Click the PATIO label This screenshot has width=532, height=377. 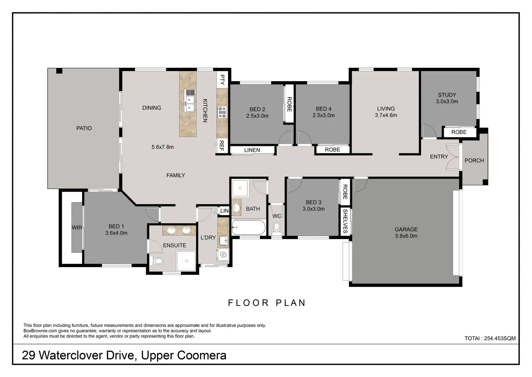[84, 128]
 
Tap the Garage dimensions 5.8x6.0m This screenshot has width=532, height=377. [406, 236]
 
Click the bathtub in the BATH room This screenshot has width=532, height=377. [249, 227]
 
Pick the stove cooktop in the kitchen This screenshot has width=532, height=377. [222, 112]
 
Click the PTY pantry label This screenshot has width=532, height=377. [222, 80]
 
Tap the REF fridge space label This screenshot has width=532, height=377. [221, 146]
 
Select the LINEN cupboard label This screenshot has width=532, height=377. [252, 150]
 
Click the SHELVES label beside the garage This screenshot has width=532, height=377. [345, 221]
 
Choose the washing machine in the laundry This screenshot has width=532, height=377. [223, 255]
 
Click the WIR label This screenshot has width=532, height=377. [77, 227]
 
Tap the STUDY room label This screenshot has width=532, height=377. [447, 95]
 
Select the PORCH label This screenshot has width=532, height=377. [474, 161]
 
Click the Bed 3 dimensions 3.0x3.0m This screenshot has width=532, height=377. [313, 209]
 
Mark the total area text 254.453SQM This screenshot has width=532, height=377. [500, 338]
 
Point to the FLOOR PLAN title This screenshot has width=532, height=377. [267, 303]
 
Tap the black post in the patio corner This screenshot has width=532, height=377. [59, 71]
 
